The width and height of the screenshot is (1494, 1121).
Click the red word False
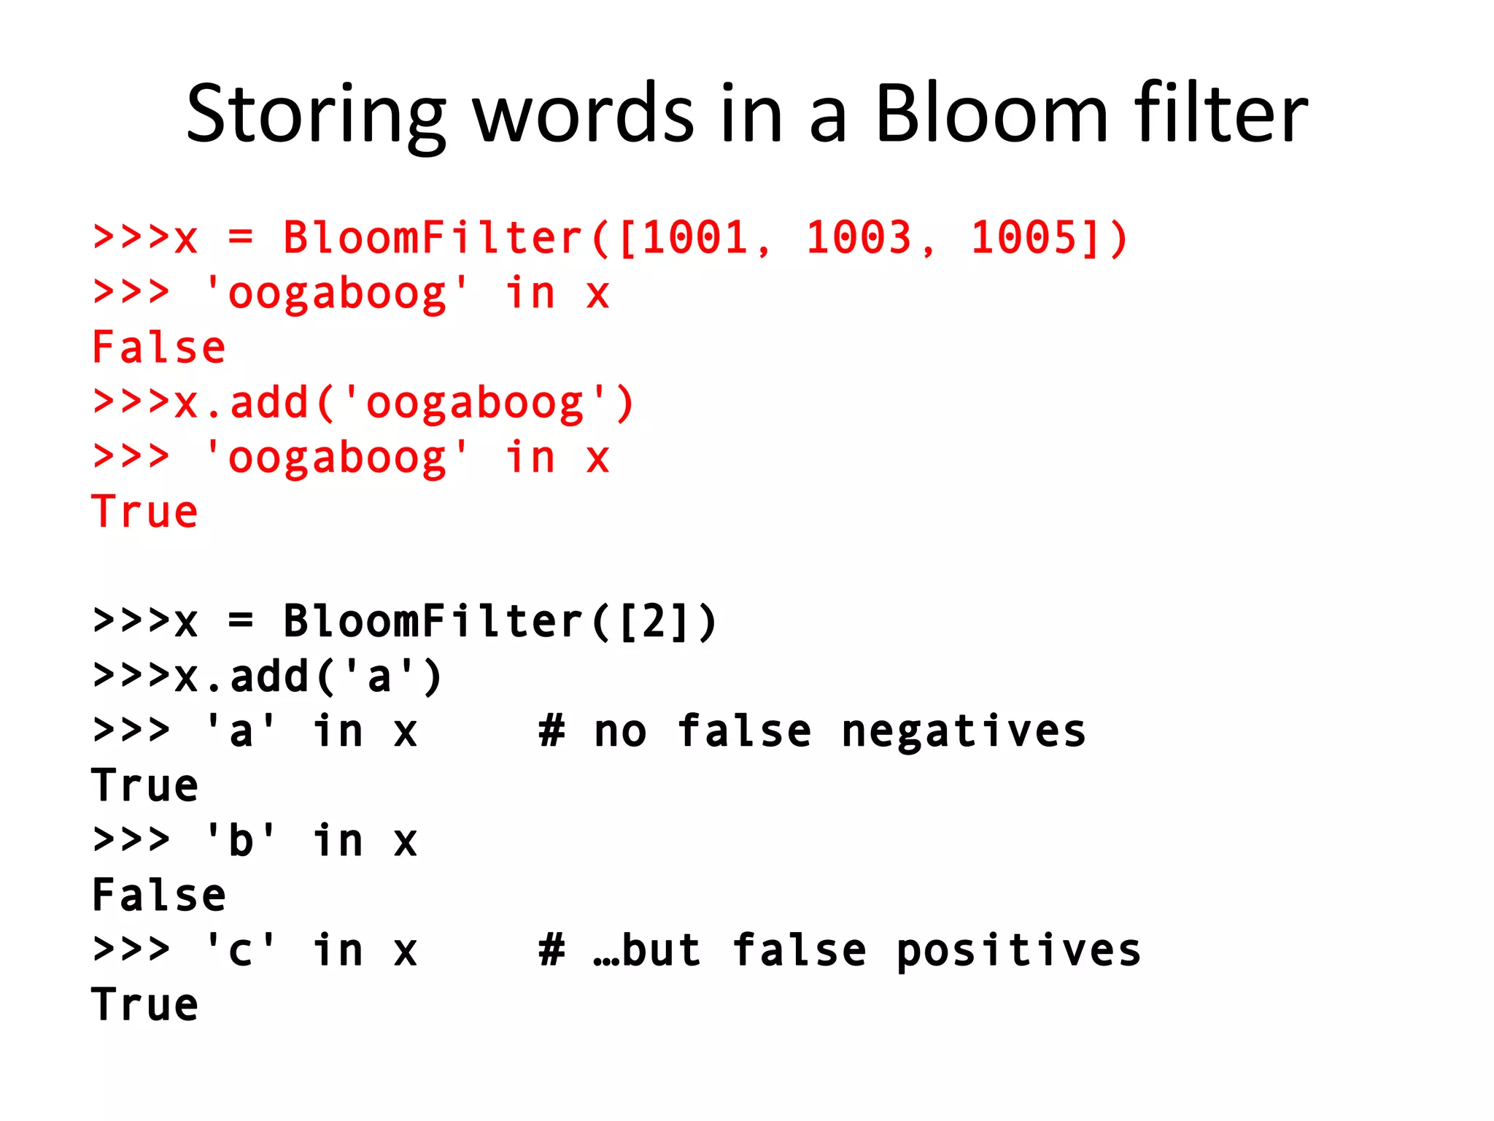(x=158, y=347)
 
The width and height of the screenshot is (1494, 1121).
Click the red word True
(x=144, y=512)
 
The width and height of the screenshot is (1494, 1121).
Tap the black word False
(x=158, y=895)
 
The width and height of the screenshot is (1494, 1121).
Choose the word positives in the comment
(x=1018, y=950)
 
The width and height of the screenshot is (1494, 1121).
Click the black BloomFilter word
(x=433, y=622)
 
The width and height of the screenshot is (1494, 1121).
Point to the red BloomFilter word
(x=433, y=238)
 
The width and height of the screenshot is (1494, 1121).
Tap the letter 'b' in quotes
(x=240, y=841)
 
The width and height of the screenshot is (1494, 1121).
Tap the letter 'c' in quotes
(x=240, y=950)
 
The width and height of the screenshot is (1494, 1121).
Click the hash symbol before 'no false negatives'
(x=551, y=731)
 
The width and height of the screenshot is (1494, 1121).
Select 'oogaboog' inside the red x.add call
(x=474, y=403)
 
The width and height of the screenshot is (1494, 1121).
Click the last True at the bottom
(x=144, y=1005)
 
